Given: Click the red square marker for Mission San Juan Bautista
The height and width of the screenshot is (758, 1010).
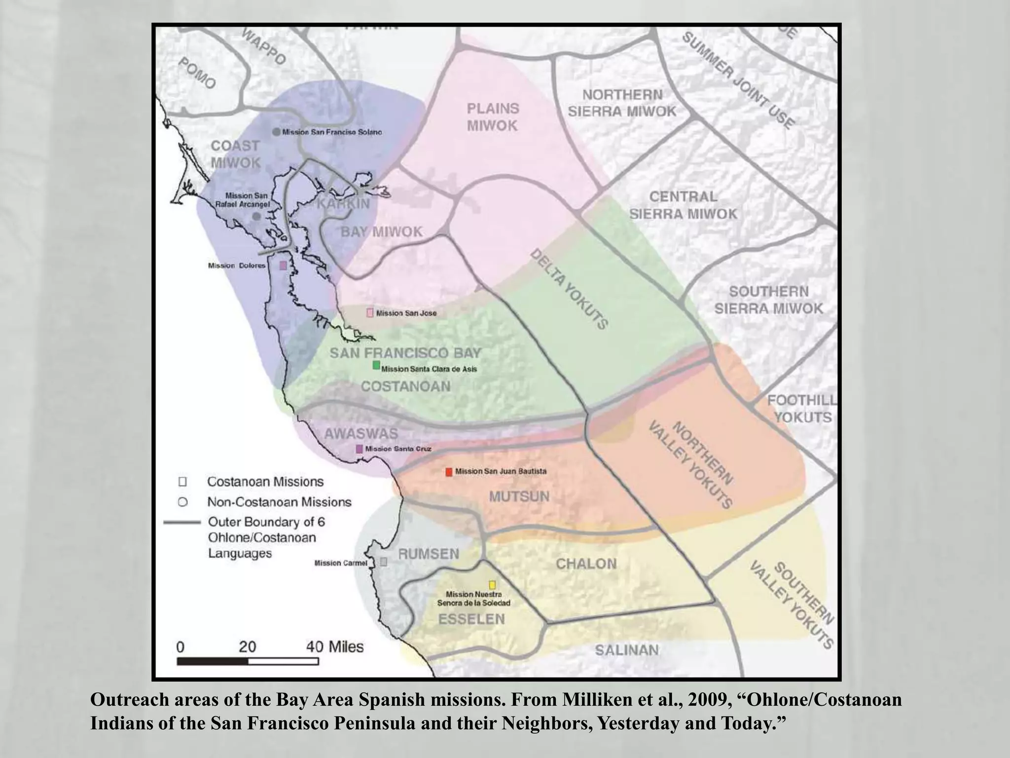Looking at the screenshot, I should coord(449,472).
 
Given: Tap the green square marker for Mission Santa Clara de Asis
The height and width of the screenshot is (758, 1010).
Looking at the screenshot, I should coord(376,365).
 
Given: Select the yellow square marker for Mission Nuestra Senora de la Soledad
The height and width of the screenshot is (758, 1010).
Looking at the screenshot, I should coord(492,585).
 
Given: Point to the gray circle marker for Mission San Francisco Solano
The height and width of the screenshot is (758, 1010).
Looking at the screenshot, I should coord(277,132).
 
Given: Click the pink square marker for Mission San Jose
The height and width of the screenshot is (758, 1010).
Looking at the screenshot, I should coord(370,313).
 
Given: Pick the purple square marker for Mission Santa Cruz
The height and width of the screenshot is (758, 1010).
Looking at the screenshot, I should coord(360,449).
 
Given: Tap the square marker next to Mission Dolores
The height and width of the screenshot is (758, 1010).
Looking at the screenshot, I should coord(283,265).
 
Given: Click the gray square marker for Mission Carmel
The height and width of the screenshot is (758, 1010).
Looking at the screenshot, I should coord(384,562).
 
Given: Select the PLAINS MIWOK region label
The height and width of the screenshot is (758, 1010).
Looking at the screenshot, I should coord(493,117).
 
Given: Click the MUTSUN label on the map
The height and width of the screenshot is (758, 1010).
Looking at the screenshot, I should coord(519,496).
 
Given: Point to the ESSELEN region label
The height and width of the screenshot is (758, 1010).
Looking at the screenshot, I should coord(471,619).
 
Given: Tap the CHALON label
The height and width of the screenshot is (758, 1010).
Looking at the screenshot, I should coord(586,564).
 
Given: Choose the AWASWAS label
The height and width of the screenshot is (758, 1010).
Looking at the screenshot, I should coord(361,434).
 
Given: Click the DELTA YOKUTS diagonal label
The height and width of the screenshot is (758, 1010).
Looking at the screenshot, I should coord(569,289).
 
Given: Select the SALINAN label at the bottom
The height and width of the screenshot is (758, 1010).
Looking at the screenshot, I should coord(626,650).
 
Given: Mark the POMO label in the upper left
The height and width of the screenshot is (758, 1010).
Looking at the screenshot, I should coord(197,73).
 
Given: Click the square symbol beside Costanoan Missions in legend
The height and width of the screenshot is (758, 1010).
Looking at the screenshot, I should coord(182,482).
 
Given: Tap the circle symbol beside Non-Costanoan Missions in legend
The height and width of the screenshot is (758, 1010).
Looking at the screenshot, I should coord(182,502).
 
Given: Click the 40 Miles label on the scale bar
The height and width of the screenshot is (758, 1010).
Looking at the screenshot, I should coord(334,646).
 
